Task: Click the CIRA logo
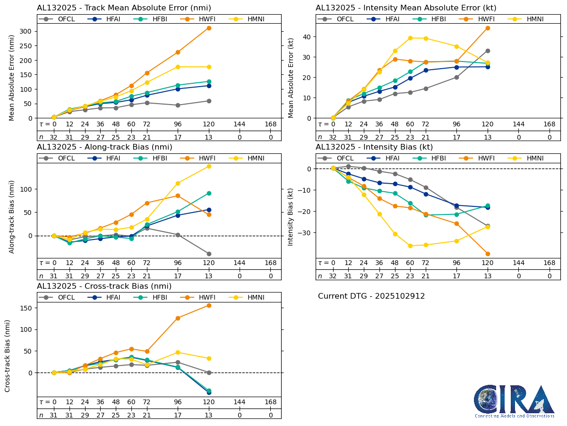[x=514, y=401]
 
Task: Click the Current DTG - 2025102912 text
[x=371, y=296]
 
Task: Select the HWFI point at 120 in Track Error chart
[x=209, y=28]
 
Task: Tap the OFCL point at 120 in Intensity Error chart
[x=488, y=51]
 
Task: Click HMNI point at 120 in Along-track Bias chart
[x=209, y=166]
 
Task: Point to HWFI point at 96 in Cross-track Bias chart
[x=178, y=318]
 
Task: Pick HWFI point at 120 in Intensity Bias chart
[x=488, y=254]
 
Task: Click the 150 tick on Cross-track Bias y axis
[x=26, y=308]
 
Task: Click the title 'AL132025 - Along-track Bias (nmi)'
[x=104, y=147]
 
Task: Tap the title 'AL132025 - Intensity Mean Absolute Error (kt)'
[x=406, y=8]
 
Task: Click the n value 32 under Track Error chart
[x=54, y=137]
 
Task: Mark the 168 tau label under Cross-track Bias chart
[x=271, y=402]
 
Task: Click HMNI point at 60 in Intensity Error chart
[x=410, y=38]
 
